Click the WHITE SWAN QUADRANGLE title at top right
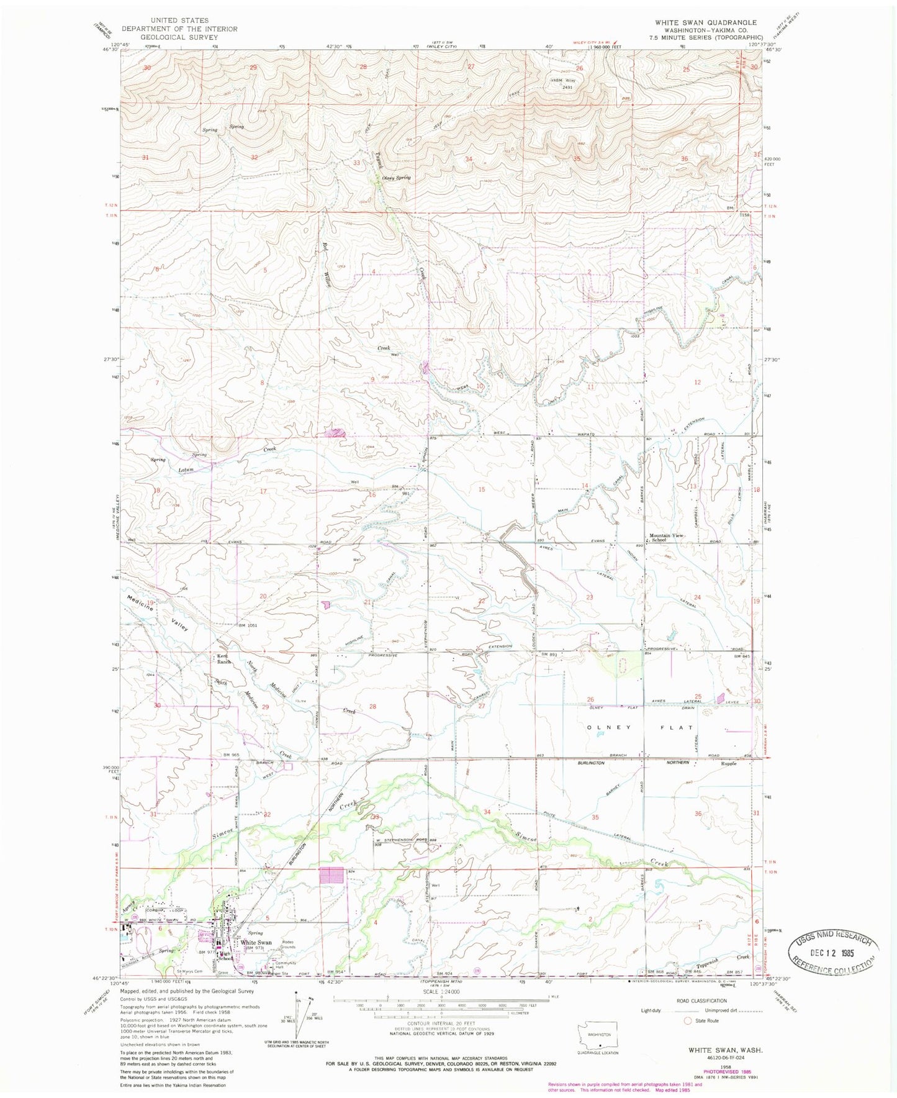click(x=701, y=22)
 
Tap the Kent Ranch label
click(x=223, y=659)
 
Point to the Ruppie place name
click(x=728, y=763)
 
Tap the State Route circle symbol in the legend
click(x=687, y=1020)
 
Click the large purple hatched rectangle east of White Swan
click(x=331, y=876)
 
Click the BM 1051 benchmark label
click(x=248, y=625)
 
